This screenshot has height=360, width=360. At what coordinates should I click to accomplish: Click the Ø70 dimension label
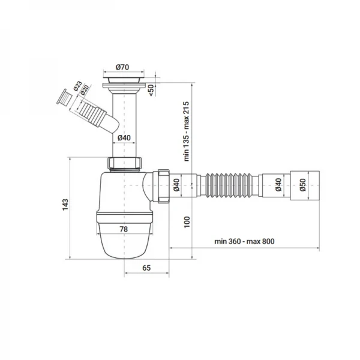click(x=122, y=67)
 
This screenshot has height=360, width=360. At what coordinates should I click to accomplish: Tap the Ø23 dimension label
click(x=77, y=86)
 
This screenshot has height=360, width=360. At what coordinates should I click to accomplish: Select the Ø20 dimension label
click(x=85, y=90)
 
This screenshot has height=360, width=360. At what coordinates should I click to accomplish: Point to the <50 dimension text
click(x=151, y=90)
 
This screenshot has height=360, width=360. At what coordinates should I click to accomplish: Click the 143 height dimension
click(x=65, y=205)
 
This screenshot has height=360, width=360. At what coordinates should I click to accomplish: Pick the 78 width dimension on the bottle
click(x=124, y=229)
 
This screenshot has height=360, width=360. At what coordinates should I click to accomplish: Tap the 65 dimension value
click(x=146, y=268)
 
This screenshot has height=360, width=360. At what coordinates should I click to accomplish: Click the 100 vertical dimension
click(x=187, y=222)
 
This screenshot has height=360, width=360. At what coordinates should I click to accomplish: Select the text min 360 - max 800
click(x=244, y=241)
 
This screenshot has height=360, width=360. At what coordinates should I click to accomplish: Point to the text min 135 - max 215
click(x=187, y=131)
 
